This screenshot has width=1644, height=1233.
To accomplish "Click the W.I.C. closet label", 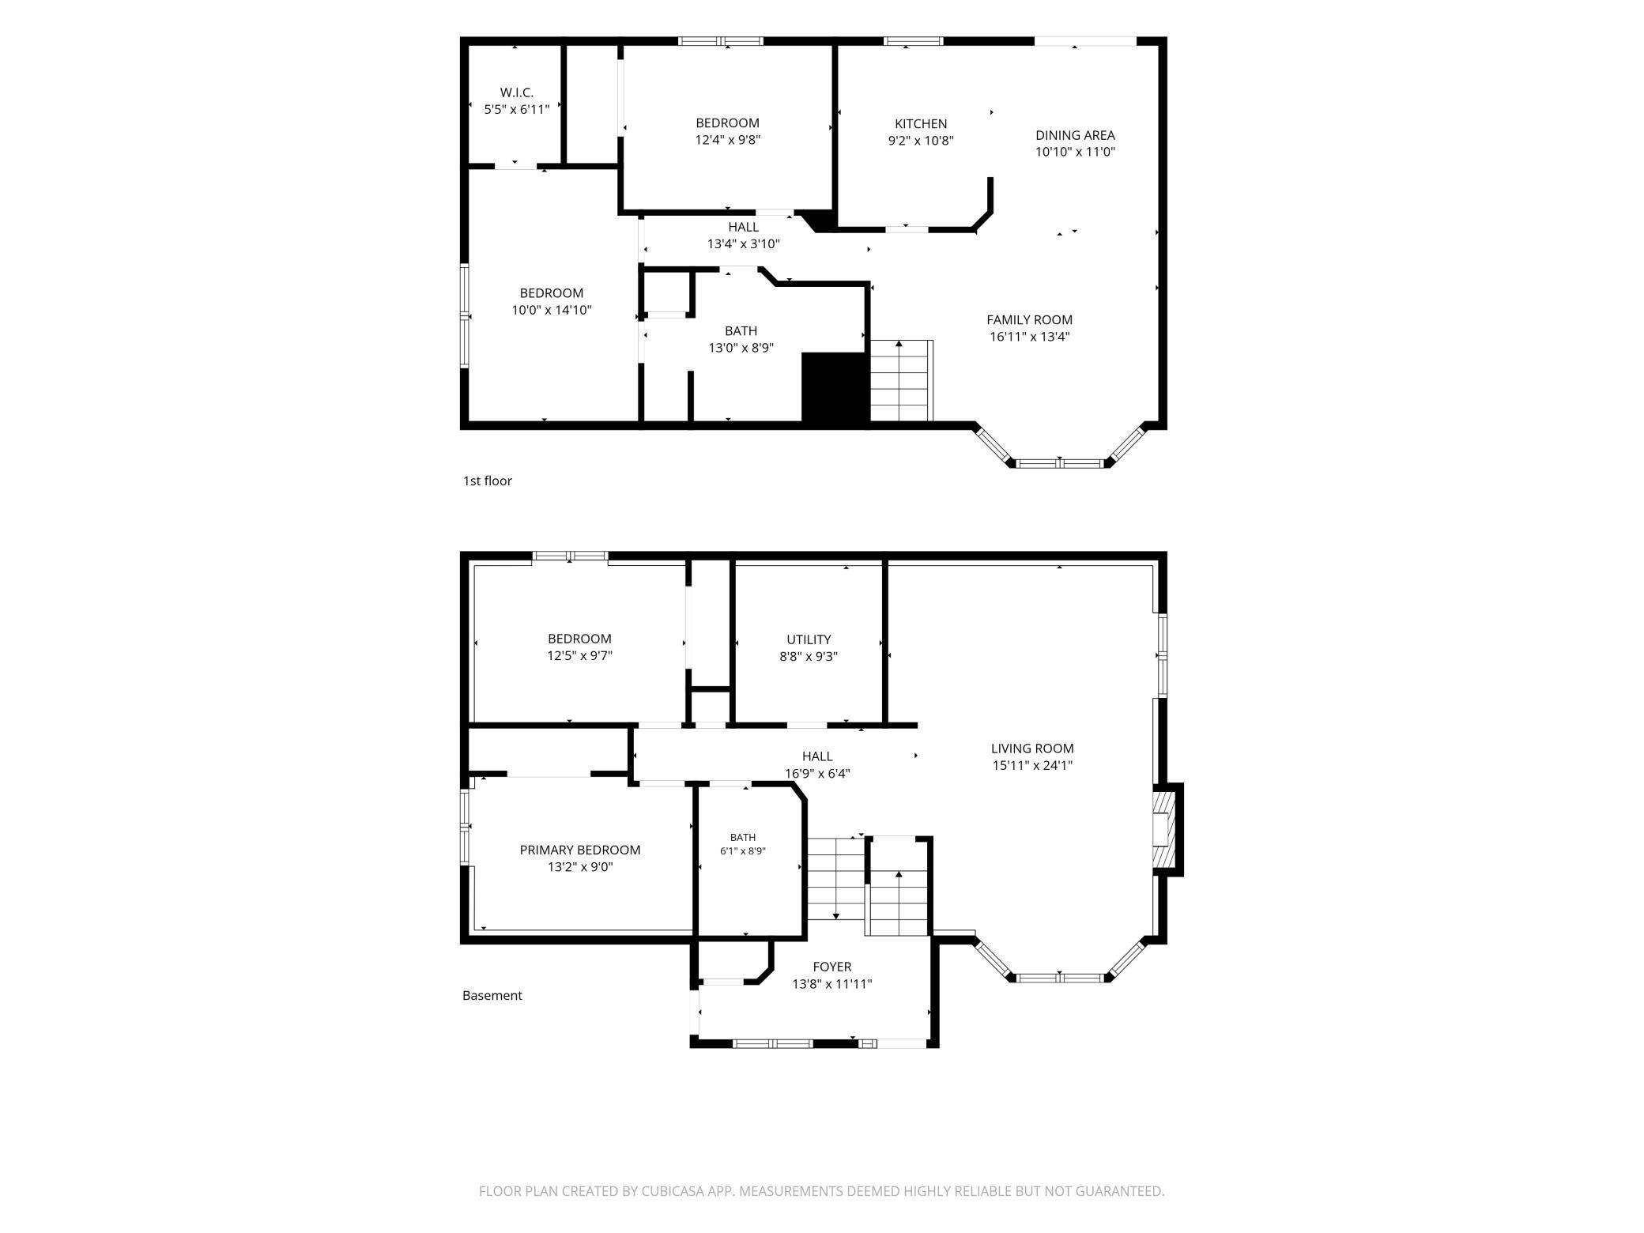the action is [517, 92].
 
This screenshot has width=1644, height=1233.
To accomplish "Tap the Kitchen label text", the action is [921, 123].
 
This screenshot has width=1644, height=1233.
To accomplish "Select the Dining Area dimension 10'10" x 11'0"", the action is [1075, 152].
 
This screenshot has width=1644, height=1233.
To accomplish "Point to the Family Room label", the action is [1029, 319].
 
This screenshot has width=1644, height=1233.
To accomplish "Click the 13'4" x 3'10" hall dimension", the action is [743, 244].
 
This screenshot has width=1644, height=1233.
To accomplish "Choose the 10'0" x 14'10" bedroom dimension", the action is [552, 310].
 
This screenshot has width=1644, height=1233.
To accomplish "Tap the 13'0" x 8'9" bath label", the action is [741, 348].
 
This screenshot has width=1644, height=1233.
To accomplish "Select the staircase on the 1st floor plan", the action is [901, 381].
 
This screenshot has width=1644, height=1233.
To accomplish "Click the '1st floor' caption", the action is [488, 481].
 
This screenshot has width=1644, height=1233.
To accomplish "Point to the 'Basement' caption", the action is [492, 995].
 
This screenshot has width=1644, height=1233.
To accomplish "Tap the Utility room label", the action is [809, 639].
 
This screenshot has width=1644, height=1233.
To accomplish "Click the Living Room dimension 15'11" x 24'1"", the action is [1032, 765].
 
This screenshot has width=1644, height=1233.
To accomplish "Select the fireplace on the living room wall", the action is [1167, 828].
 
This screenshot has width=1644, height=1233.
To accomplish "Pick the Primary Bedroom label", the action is [580, 850].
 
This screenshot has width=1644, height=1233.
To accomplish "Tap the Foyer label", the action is [832, 967].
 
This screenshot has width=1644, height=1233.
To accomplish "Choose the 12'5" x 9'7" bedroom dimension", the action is [579, 656].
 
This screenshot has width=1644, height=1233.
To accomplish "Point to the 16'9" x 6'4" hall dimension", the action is [817, 774].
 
